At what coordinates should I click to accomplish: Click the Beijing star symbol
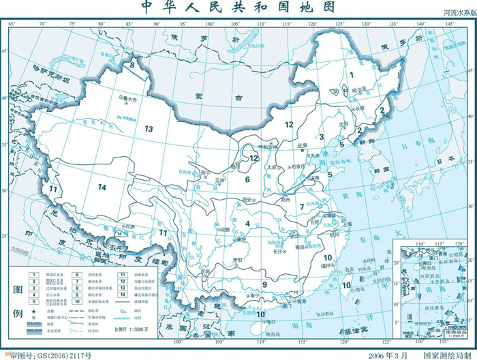coord(304,150)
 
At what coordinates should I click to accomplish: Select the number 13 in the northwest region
coord(149,127)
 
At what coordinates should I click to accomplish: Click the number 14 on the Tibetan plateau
coord(102,187)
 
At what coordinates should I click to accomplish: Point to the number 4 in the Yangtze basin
coord(248,223)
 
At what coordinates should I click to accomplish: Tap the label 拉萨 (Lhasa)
coord(129,225)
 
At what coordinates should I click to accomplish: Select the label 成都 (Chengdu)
coord(226,230)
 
